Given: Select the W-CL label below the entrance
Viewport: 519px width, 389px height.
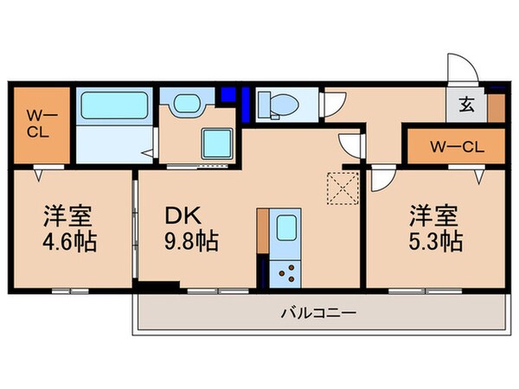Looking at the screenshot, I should [x=445, y=146].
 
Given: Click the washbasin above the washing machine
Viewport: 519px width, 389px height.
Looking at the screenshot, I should [x=186, y=105].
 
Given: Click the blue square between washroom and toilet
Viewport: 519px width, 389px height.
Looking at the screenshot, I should [x=228, y=94].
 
